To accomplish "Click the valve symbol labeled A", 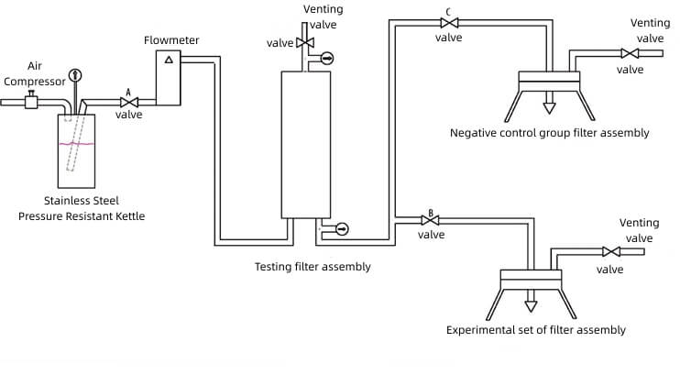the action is (129, 103).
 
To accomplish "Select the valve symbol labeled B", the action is (430, 220).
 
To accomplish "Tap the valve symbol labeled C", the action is (449, 23).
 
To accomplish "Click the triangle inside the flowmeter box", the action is (170, 60).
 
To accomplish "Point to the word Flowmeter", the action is (171, 40).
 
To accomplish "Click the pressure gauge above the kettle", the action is (75, 75).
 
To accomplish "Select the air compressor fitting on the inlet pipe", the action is (31, 101).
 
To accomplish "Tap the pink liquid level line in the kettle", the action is (76, 143).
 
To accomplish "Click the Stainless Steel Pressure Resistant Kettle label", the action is (82, 208).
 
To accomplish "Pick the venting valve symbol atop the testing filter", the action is (305, 42).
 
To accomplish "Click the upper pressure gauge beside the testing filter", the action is (327, 58).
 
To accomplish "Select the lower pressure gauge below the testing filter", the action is (342, 228).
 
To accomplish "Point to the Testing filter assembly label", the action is (313, 267).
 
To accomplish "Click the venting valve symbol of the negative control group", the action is (630, 53).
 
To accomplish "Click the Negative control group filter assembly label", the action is (550, 133).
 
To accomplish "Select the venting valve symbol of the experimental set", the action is (611, 252).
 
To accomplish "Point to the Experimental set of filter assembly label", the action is (536, 330).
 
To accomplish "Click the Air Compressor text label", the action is (35, 73).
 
